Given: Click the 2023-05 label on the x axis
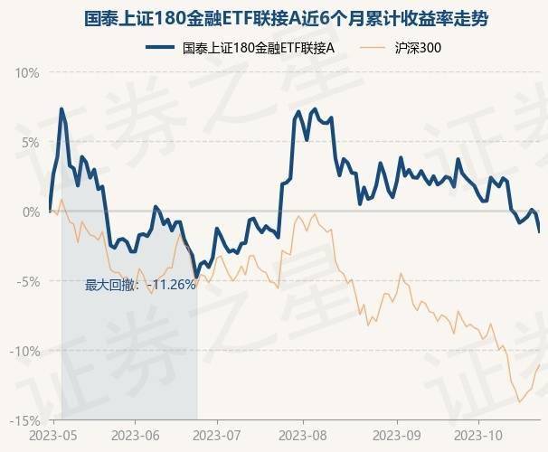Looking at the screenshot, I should click(x=52, y=436).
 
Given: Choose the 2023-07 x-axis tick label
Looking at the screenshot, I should click(x=218, y=436).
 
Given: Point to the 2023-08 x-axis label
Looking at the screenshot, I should click(x=303, y=436).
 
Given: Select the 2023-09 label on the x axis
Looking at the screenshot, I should click(x=397, y=436).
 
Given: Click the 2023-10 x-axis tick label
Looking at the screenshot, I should click(x=479, y=436).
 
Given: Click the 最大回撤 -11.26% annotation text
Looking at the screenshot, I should click(x=140, y=285).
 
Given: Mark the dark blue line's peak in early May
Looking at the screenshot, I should click(x=61, y=109).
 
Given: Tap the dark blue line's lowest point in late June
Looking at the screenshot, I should click(x=195, y=277).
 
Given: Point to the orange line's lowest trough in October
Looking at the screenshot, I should click(x=519, y=401).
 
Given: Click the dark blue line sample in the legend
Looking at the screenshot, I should click(x=159, y=48).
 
